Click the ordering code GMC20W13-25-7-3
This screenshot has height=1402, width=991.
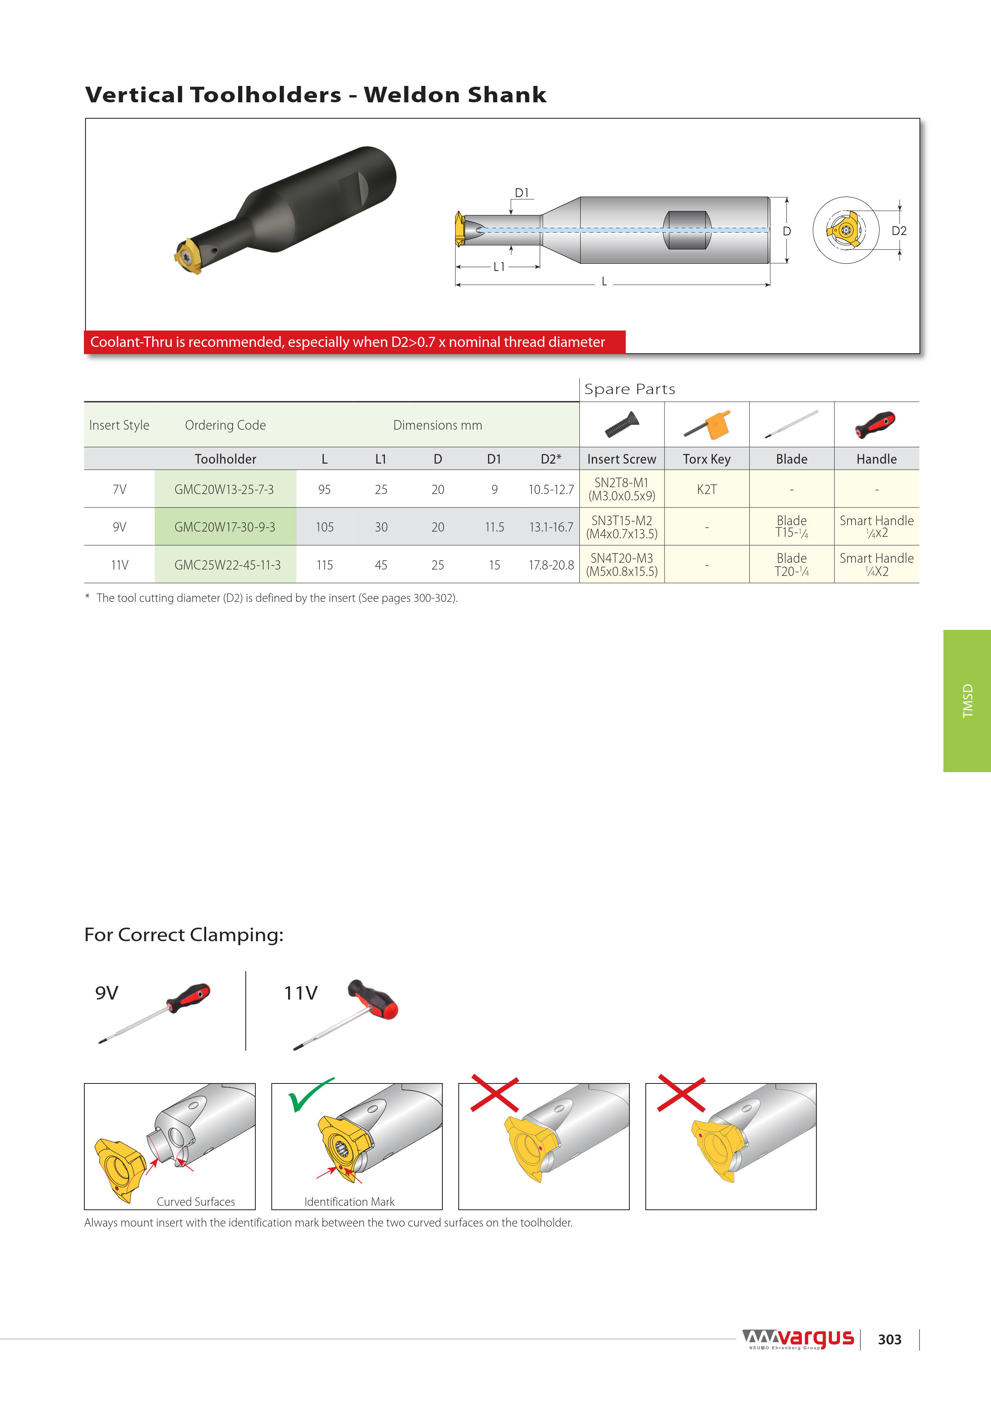click(224, 489)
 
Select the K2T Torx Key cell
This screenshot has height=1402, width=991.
click(706, 489)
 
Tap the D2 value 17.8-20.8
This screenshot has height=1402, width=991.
click(551, 565)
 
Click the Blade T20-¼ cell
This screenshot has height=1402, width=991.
click(791, 565)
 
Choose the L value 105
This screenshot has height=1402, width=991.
click(324, 527)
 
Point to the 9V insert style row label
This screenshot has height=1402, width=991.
click(119, 527)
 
